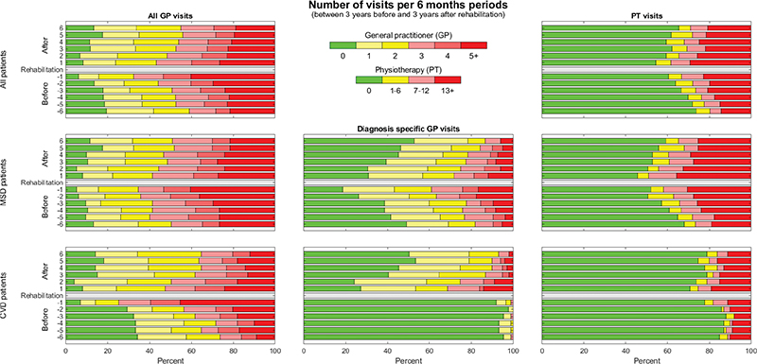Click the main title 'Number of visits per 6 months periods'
tap(408, 6)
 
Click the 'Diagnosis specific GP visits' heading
tap(408, 129)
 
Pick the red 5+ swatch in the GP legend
tap(474, 45)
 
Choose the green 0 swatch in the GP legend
tap(343, 45)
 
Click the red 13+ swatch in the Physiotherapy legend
tap(448, 80)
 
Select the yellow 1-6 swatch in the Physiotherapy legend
tap(395, 80)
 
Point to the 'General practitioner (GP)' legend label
tap(408, 35)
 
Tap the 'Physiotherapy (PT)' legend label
tap(408, 70)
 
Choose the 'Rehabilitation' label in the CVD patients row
tap(42, 295)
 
